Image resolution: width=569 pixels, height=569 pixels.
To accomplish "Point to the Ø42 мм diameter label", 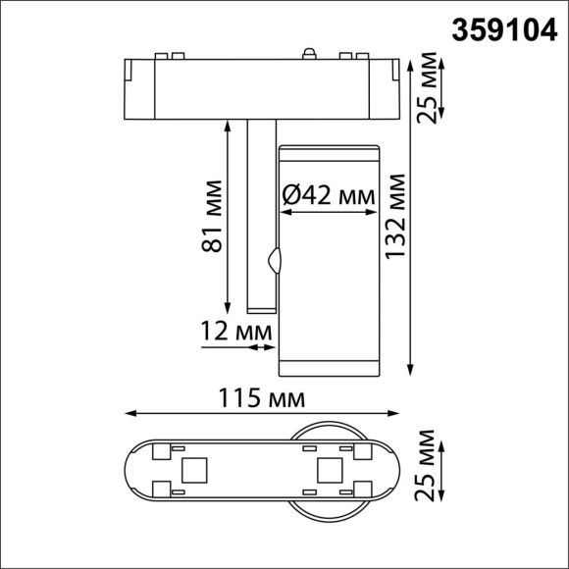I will click(329, 196).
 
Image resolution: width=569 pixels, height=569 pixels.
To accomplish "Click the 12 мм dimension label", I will click(234, 334).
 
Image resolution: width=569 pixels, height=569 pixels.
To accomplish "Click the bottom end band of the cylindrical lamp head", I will click(329, 368).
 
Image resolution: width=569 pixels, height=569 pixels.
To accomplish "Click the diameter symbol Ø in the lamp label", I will click(289, 196).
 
